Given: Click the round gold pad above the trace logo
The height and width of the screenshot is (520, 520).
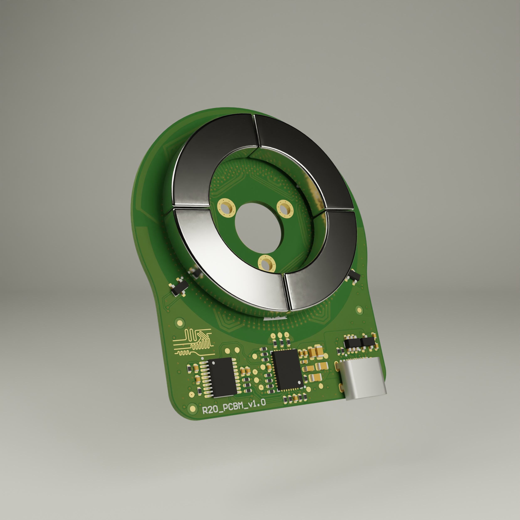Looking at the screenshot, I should pos(180,322).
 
